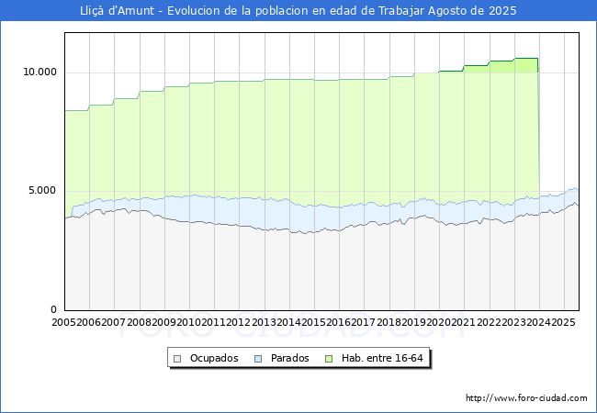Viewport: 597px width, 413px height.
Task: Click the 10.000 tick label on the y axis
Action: point(39,72)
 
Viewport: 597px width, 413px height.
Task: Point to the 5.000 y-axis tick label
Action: point(42,191)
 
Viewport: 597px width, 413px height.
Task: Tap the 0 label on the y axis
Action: point(53,309)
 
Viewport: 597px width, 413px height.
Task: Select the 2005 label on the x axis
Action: point(63,322)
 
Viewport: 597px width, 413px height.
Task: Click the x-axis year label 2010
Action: point(189,322)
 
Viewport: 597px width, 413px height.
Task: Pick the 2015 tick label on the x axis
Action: point(314,322)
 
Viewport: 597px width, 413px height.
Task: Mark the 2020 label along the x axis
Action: point(439,322)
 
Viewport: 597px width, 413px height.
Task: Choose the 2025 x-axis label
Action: point(563,322)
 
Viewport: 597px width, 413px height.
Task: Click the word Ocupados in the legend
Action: point(214,358)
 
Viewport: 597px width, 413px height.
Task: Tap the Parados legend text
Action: point(289,358)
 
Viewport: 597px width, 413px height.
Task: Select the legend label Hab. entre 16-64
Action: point(382,358)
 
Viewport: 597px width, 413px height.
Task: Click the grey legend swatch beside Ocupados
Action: point(177,359)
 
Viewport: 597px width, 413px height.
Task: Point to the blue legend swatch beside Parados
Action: point(258,359)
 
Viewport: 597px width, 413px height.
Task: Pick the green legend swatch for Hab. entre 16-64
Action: point(329,359)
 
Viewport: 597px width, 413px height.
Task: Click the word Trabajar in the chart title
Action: point(401,11)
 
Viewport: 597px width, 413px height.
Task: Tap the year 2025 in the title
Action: point(502,11)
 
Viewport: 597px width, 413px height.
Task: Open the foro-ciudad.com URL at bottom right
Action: point(526,398)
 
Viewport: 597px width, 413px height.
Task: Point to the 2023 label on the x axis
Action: point(513,322)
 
